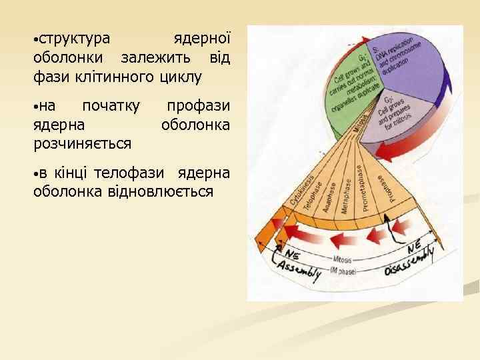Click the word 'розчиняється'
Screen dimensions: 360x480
82,143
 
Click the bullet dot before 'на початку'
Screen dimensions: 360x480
36,107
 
